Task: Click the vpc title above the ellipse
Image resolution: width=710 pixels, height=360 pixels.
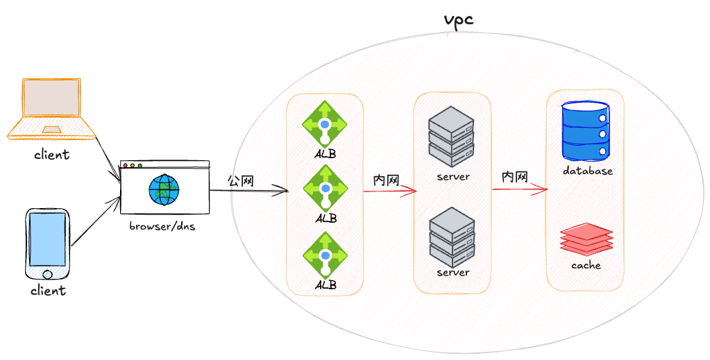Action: (458, 20)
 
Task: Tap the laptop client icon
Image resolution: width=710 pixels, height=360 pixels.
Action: (52, 108)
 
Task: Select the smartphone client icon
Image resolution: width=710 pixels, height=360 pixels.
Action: (48, 245)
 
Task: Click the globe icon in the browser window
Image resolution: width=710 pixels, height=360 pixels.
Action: (164, 190)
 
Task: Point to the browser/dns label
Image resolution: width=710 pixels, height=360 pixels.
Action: (162, 225)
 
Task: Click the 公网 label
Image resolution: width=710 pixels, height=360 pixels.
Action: (240, 181)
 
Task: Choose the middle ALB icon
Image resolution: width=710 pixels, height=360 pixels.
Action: (325, 189)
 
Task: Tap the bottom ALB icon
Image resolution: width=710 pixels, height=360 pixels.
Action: (325, 255)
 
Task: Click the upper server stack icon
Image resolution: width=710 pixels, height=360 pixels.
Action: (451, 137)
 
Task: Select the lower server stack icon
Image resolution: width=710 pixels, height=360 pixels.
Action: (452, 237)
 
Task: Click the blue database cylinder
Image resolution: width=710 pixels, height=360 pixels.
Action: (586, 131)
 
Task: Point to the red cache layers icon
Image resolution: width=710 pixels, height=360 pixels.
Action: (586, 239)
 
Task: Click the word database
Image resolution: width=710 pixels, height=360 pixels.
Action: (588, 171)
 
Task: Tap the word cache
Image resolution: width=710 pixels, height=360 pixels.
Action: (586, 265)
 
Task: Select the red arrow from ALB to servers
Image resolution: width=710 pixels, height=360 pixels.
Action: (389, 191)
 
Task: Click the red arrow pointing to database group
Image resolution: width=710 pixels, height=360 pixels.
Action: (520, 190)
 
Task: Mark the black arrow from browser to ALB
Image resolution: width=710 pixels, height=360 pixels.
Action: (249, 191)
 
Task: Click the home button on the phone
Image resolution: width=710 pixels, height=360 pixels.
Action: (47, 274)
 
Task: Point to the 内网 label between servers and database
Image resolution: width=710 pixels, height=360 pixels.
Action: (515, 177)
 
